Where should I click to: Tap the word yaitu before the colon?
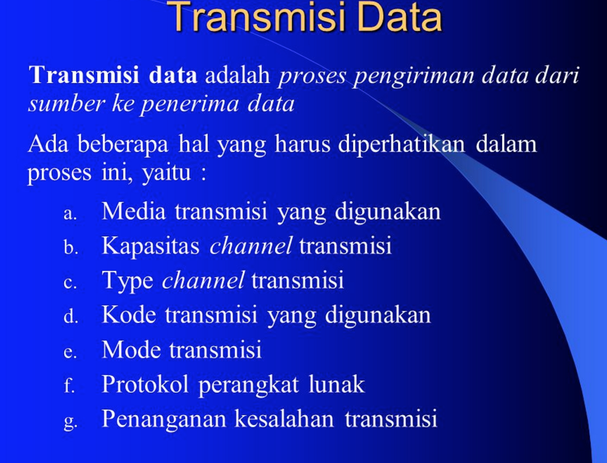point(165,175)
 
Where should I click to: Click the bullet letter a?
point(70,214)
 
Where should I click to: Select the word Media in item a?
point(134,212)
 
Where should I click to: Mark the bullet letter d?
point(70,317)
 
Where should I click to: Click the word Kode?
point(129,315)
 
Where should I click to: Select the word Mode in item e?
point(131,350)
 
